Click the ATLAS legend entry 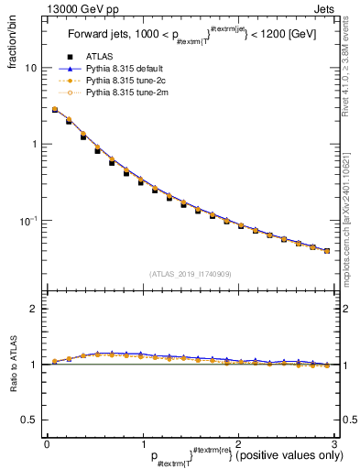tap(97, 57)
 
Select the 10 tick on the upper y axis tap(31, 68)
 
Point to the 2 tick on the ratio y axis tap(34, 309)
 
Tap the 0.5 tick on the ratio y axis tap(30, 420)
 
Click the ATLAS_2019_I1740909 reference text tap(190, 273)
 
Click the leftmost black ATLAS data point tap(55, 110)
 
